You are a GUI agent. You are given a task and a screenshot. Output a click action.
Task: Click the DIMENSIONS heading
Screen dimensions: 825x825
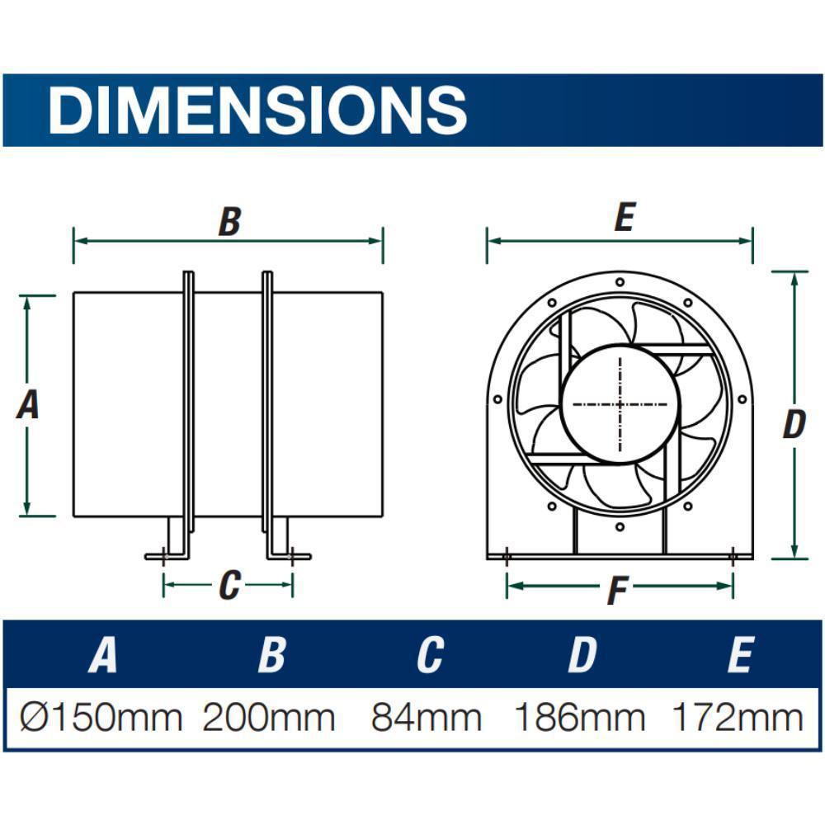[257, 110]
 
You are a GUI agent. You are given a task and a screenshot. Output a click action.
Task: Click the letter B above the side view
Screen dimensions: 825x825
[229, 222]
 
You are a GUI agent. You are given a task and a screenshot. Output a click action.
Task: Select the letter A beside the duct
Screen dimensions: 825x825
[28, 405]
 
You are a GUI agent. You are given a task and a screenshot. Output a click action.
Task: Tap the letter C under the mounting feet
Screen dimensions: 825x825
[229, 586]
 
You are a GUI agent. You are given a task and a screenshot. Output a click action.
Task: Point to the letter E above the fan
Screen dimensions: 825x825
[624, 219]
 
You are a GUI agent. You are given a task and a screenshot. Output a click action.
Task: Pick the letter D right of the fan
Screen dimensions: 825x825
[793, 426]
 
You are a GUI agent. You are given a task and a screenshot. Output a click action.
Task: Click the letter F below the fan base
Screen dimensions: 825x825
[617, 591]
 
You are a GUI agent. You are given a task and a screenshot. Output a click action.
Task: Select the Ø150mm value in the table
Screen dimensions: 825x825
[101, 718]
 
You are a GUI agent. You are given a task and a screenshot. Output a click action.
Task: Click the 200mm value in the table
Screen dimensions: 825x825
[269, 718]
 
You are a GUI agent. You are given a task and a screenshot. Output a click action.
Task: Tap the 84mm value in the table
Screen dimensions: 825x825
[426, 718]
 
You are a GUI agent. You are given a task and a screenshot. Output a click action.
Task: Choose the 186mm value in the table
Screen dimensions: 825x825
[580, 718]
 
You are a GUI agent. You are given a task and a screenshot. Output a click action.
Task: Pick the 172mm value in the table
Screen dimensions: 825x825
[738, 718]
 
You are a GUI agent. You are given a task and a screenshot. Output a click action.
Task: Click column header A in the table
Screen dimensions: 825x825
[102, 655]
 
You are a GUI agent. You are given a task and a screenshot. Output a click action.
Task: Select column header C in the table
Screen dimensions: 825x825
[429, 655]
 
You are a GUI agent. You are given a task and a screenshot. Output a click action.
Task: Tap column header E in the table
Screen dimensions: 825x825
[739, 655]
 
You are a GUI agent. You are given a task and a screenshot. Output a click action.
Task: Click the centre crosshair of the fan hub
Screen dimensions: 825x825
[620, 404]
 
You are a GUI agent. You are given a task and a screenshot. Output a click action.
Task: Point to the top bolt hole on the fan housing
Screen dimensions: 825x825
[620, 281]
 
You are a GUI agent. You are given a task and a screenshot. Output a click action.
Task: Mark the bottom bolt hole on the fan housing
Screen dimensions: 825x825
[620, 526]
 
